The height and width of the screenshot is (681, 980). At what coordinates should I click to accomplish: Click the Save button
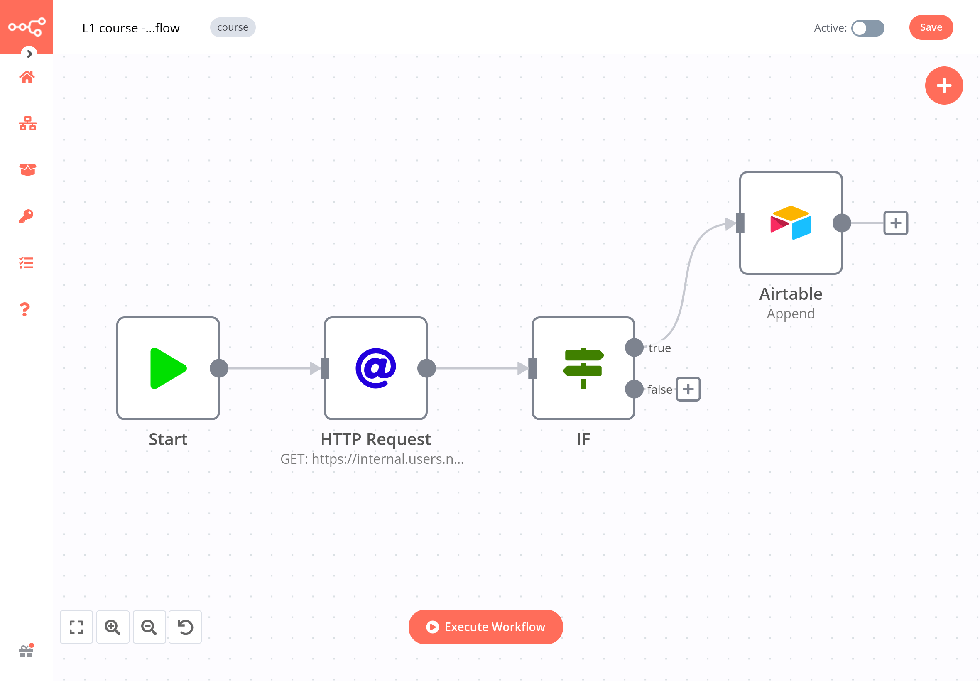[931, 27]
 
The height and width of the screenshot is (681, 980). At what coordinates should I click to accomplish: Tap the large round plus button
[943, 86]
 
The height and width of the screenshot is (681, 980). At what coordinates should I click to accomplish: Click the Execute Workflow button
[485, 626]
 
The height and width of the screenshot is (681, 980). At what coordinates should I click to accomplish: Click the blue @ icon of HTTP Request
[375, 368]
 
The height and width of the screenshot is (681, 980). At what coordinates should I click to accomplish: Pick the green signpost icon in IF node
[583, 368]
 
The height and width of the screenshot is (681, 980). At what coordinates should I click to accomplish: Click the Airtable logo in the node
[790, 223]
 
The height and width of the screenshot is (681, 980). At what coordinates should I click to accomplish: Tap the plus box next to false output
[688, 389]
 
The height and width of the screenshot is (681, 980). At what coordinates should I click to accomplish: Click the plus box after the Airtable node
[895, 223]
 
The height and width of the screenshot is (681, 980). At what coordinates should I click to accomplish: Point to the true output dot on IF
[634, 347]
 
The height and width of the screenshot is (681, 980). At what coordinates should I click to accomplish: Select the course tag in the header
[233, 27]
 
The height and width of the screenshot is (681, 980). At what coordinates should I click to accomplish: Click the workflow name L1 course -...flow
[131, 28]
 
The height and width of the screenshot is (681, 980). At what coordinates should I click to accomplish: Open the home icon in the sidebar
[27, 77]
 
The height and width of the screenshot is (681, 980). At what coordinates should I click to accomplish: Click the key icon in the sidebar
[26, 216]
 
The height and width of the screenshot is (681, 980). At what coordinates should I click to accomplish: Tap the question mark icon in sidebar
[25, 309]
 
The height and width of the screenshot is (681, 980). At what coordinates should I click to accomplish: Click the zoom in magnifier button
[113, 626]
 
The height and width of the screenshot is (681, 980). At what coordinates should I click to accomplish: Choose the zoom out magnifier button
[149, 626]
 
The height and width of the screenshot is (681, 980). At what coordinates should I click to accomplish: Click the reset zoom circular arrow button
[185, 626]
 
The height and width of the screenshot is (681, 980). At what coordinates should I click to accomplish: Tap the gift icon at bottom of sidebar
[27, 650]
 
